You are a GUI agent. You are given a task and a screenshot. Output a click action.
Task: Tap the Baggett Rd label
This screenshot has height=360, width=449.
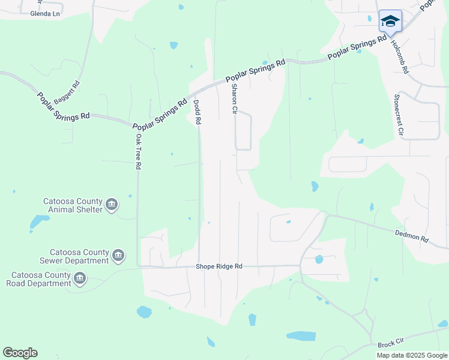66,93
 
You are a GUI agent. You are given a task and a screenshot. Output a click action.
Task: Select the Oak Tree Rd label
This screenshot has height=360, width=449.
138,151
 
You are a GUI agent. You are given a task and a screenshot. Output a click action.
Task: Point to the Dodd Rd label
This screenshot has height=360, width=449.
196,112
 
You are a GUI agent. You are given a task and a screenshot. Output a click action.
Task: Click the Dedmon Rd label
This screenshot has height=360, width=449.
412,235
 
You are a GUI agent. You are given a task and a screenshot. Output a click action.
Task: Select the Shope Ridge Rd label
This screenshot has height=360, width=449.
219,266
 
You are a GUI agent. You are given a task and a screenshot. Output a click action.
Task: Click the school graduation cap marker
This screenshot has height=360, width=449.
390,22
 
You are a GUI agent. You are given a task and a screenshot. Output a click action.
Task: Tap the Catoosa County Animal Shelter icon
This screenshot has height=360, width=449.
112,205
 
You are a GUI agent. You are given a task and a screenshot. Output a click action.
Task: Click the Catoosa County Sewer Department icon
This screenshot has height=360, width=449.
118,256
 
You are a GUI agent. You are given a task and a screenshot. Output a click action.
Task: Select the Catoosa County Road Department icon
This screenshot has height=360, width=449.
80,278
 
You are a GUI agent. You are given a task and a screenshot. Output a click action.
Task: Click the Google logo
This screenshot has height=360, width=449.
20,353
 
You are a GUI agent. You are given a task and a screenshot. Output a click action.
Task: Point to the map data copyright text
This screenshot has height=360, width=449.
411,355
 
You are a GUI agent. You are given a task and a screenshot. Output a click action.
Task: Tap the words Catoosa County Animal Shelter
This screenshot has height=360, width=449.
72,205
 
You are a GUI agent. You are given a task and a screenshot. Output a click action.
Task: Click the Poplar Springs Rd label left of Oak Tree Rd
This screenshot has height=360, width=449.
63,106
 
